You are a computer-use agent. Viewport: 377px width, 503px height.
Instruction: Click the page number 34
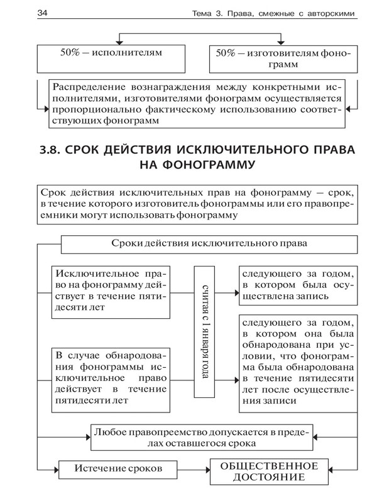coord(26,13)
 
